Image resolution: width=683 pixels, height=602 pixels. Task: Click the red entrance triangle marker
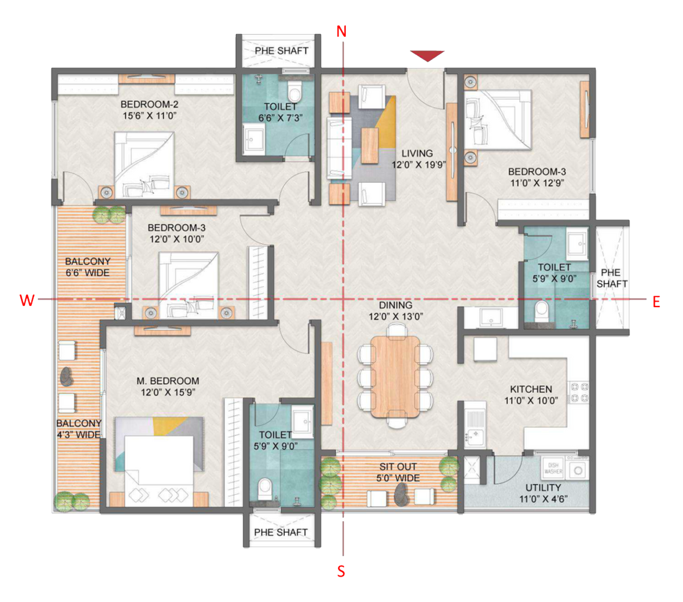pyautogui.click(x=427, y=55)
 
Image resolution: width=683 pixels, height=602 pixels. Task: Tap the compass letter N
pyautogui.click(x=341, y=32)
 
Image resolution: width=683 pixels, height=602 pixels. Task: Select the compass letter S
pyautogui.click(x=341, y=572)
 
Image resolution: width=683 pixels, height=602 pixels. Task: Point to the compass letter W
pyautogui.click(x=27, y=301)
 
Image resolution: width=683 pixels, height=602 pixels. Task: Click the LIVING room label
pyautogui.click(x=417, y=153)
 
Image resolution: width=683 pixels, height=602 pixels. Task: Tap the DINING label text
pyautogui.click(x=395, y=305)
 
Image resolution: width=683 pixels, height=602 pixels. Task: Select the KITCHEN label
pyautogui.click(x=531, y=389)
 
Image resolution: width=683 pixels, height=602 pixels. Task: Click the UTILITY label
pyautogui.click(x=543, y=487)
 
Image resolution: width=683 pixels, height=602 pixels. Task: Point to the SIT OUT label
pyautogui.click(x=398, y=467)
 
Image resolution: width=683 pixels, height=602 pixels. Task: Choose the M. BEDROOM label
pyautogui.click(x=168, y=380)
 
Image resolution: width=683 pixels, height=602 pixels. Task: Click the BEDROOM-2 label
pyautogui.click(x=149, y=104)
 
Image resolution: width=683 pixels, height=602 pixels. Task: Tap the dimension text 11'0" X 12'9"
pyautogui.click(x=537, y=183)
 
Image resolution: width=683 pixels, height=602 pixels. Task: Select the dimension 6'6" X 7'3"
pyautogui.click(x=280, y=118)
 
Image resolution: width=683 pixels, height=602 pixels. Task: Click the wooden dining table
pyautogui.click(x=395, y=376)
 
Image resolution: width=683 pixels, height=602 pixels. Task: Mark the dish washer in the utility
pyautogui.click(x=553, y=468)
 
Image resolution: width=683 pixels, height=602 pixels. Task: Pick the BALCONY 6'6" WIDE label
pyautogui.click(x=88, y=267)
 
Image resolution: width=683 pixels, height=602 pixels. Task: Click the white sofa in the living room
pyautogui.click(x=339, y=148)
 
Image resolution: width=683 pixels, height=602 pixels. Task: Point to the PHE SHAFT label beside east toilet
pyautogui.click(x=612, y=278)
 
